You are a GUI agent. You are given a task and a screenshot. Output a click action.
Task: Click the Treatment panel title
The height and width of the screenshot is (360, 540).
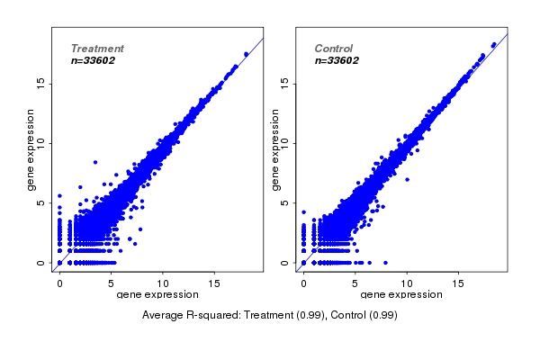click(x=97, y=49)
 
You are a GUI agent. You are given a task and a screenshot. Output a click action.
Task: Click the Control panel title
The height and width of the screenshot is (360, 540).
click(x=333, y=49)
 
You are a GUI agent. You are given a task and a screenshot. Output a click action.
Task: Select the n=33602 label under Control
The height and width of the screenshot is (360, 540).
click(x=337, y=61)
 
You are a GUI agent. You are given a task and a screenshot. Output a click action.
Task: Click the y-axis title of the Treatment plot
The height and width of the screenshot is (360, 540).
click(x=31, y=149)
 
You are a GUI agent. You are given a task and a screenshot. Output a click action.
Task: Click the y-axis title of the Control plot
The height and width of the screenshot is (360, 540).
click(x=274, y=149)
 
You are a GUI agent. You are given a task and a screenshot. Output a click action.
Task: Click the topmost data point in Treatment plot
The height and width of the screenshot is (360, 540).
click(x=246, y=54)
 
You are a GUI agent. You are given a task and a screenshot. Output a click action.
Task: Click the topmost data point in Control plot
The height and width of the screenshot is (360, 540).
click(x=493, y=44)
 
